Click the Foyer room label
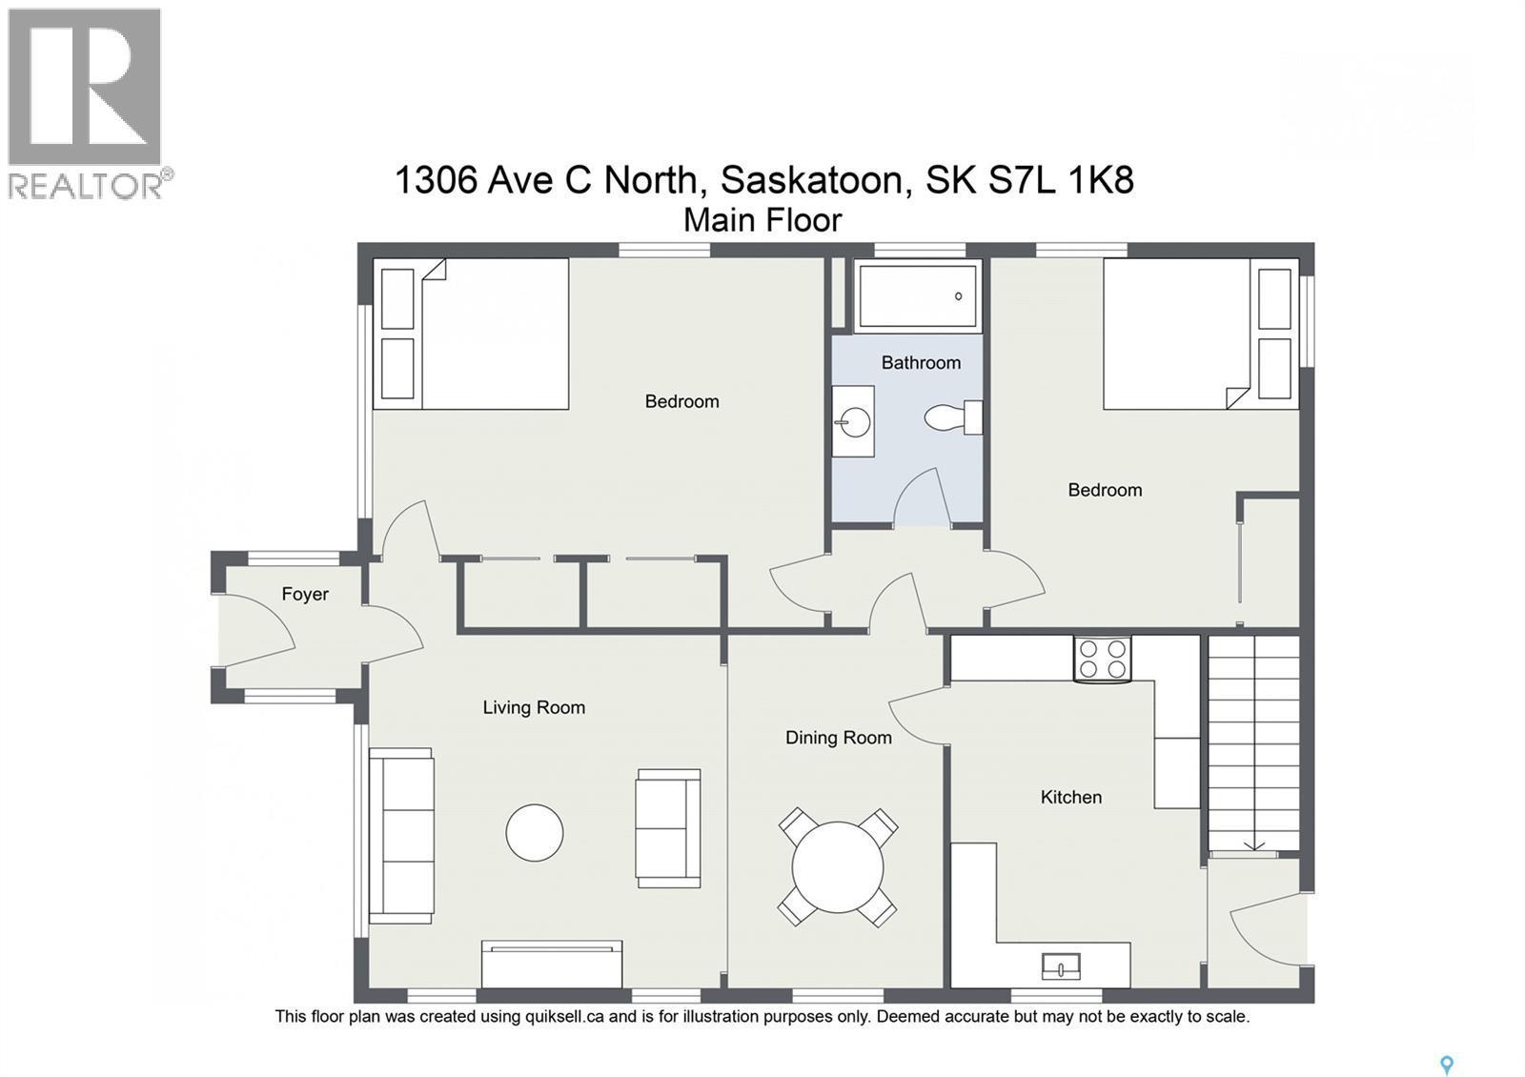click(x=305, y=594)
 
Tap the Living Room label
click(x=533, y=707)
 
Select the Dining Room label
click(x=838, y=737)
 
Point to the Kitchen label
click(x=1070, y=797)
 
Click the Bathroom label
click(x=920, y=362)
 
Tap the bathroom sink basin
click(x=854, y=421)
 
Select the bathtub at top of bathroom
click(x=918, y=296)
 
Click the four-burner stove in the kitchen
click(x=1102, y=659)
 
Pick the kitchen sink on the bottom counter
click(x=1061, y=966)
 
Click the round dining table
click(x=838, y=867)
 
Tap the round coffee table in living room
click(x=534, y=832)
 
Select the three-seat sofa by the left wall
click(x=401, y=836)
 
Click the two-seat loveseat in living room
click(x=668, y=828)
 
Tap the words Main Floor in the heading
click(x=762, y=220)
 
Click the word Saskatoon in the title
click(x=810, y=179)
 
